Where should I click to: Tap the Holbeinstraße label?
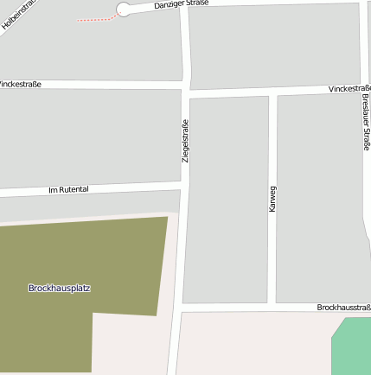16,14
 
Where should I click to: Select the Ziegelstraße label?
185,141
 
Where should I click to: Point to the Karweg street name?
272,199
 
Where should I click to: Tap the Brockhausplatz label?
59,288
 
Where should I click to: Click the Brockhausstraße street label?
343,308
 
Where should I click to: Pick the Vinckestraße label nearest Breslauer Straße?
349,89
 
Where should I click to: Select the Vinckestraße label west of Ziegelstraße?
19,85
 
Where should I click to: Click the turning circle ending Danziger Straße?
123,10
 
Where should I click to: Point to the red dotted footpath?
95,19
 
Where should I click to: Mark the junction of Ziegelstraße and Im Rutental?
184,184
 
